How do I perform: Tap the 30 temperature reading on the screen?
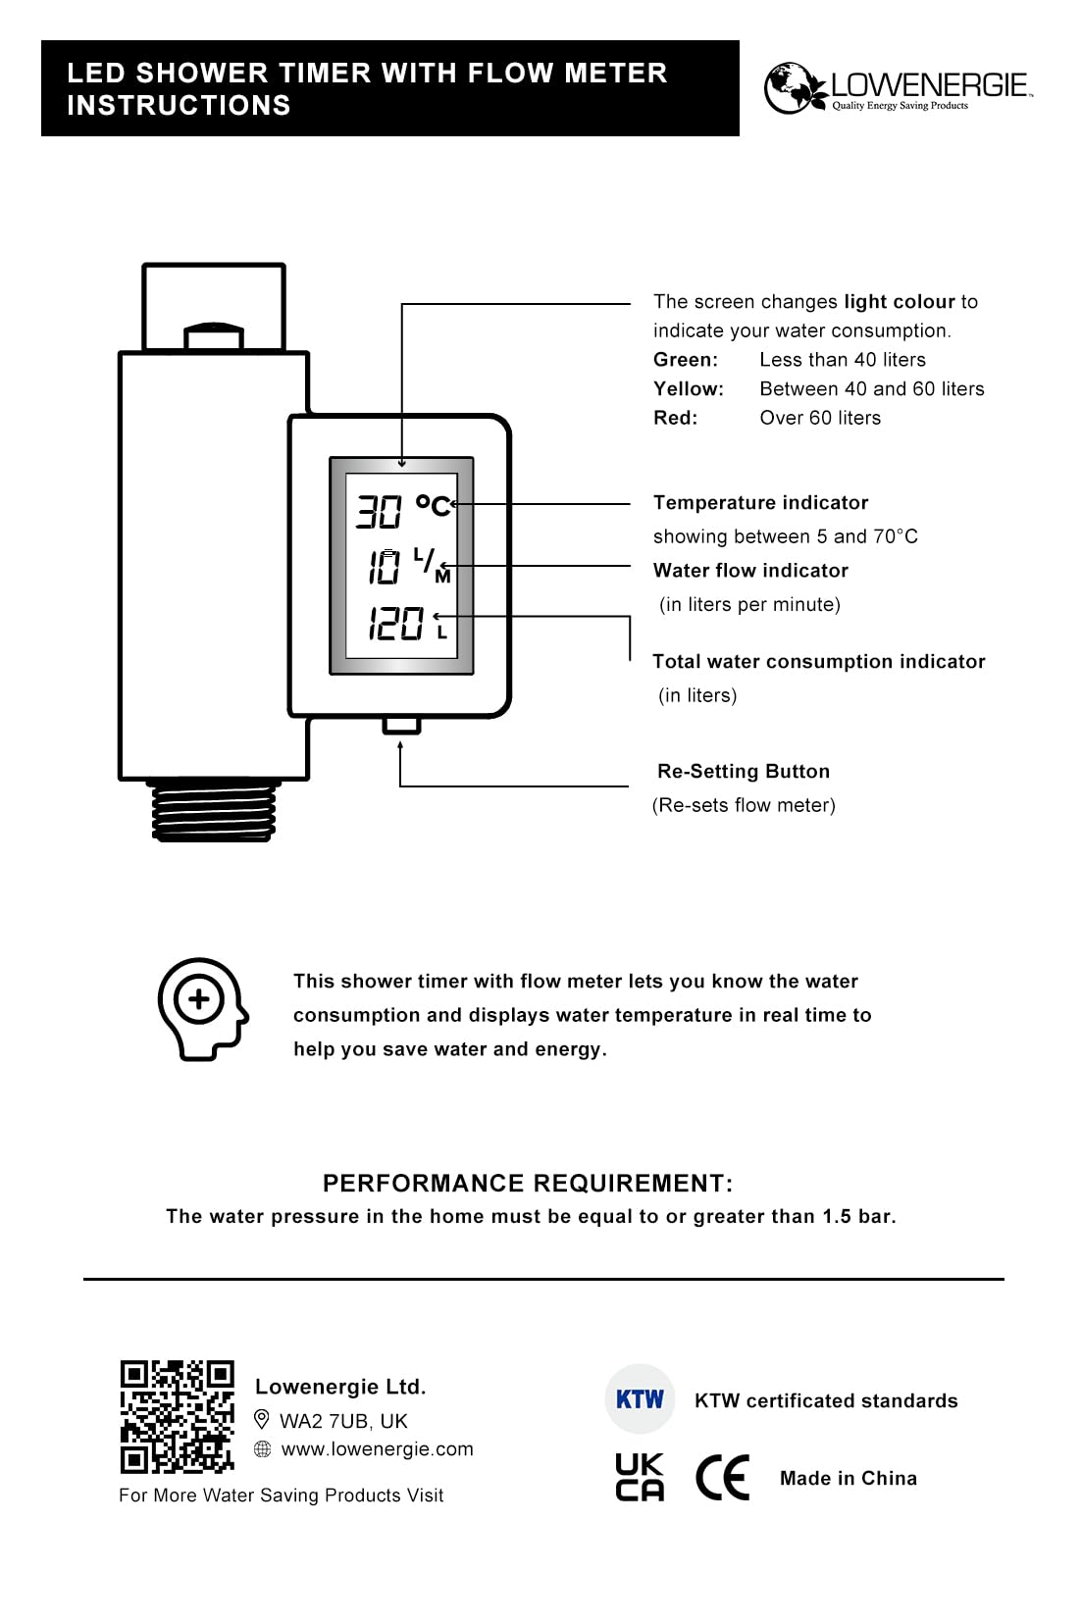coord(379,511)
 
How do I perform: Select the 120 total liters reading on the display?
coord(395,624)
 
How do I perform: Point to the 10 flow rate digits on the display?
coord(384,567)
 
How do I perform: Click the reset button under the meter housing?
coord(401,725)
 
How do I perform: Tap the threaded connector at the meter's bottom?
coord(215,811)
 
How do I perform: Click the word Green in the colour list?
coord(686,360)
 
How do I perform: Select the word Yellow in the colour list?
coord(689,389)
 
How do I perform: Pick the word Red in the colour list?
coord(676,418)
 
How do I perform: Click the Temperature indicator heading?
coord(760,503)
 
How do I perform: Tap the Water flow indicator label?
coord(750,571)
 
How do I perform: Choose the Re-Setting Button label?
coord(744,772)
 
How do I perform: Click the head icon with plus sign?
coord(202,1008)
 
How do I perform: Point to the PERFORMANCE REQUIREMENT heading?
coord(528,1184)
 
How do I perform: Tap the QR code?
coord(178,1416)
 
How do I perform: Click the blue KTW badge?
coord(640,1399)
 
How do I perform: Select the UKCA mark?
coord(640,1477)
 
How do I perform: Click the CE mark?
coord(722,1478)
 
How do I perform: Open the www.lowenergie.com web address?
coord(377,1449)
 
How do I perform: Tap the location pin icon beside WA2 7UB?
coord(262,1419)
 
